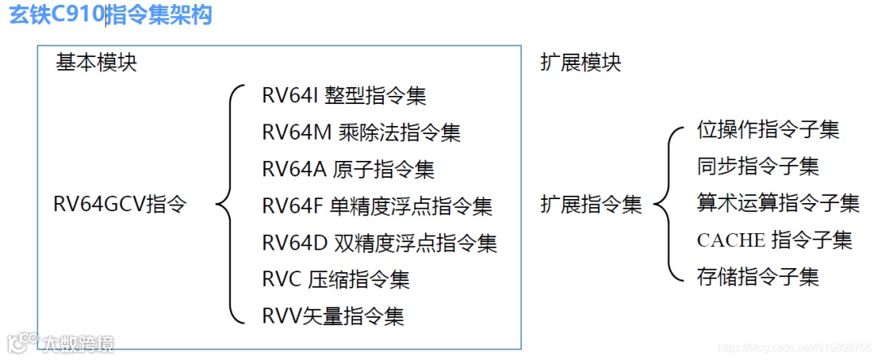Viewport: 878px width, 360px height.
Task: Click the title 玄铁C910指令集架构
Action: point(111,16)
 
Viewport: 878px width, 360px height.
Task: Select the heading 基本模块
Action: point(97,63)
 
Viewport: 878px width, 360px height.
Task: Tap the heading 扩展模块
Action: point(580,63)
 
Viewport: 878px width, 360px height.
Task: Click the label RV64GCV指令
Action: point(120,204)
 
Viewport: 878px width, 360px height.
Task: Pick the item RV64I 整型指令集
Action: point(344,95)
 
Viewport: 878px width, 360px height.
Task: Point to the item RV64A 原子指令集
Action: point(348,169)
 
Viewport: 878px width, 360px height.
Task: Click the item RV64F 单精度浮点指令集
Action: point(377,206)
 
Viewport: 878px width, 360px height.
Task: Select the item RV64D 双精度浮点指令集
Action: point(380,242)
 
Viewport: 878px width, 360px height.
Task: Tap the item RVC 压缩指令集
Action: point(336,279)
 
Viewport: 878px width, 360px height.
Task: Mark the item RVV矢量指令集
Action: point(333,315)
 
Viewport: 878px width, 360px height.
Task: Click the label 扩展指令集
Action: point(591,204)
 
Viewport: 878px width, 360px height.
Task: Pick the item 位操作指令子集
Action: point(768,129)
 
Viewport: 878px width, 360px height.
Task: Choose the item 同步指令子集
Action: point(758,166)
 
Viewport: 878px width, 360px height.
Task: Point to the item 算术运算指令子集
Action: point(778,202)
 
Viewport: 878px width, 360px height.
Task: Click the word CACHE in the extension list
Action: point(731,240)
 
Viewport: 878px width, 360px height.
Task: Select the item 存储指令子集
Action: point(758,276)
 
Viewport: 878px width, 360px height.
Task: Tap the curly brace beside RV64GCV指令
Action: point(230,204)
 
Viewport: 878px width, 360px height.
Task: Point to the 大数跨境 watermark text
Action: point(79,344)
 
